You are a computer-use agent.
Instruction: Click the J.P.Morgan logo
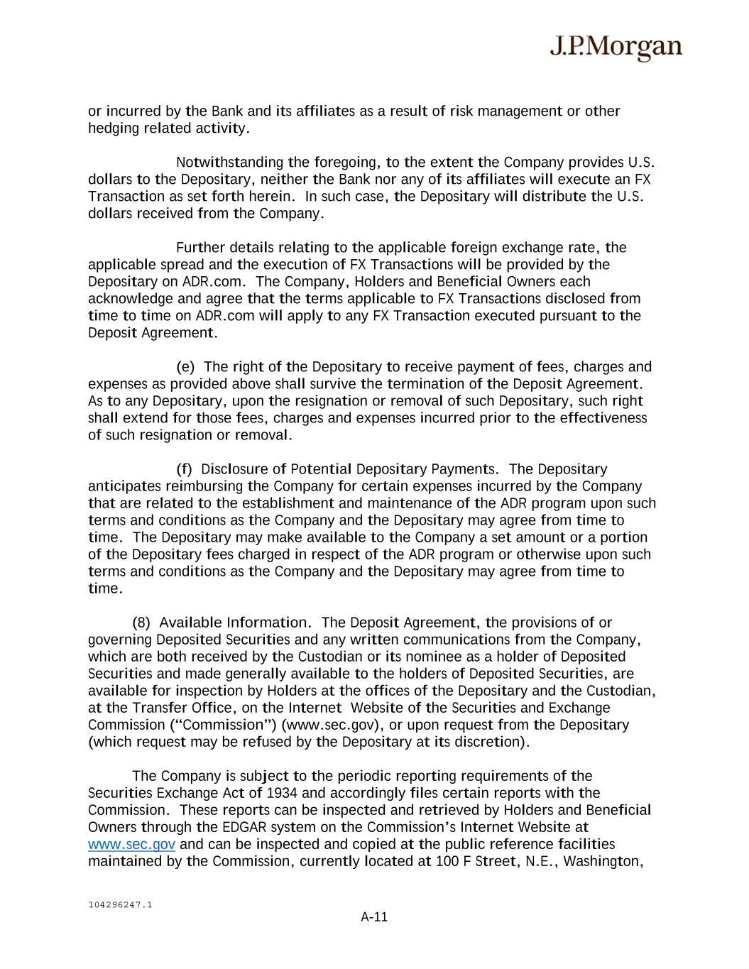coord(616,48)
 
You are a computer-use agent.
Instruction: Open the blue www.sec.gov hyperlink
coord(131,844)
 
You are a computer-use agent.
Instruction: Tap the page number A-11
coord(374,916)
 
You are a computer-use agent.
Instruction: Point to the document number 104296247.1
coord(120,904)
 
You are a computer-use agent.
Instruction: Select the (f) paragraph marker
coord(184,469)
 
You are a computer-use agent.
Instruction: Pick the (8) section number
coord(141,623)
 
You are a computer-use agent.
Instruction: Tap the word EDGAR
coord(244,827)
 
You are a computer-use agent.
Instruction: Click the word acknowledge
coord(131,299)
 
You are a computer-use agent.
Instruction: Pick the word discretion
coord(490,742)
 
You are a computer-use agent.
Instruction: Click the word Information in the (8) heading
coord(268,623)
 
